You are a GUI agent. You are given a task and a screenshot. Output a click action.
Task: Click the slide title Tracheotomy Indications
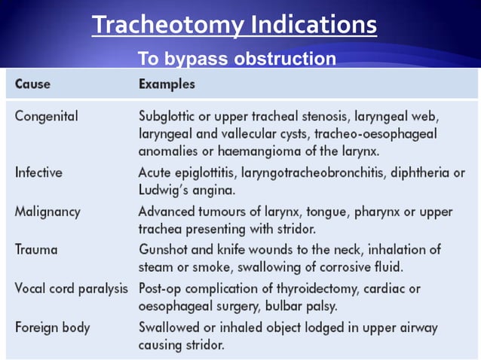pos(234,26)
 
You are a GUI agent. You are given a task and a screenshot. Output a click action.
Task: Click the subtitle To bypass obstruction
pos(236,59)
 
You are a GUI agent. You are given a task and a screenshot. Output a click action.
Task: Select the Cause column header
pos(32,84)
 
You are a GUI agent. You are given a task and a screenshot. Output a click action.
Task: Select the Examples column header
pos(167,84)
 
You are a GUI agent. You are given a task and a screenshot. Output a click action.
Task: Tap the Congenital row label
pos(46,117)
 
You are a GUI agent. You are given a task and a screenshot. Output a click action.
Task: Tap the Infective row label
pos(38,172)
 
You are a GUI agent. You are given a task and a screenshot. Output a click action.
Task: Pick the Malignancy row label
pos(47,211)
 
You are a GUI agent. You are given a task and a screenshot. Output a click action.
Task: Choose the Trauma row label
pos(35,249)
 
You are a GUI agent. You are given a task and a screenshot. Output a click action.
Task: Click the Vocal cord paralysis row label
pos(71,288)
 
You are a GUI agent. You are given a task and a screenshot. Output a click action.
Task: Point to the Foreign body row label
pos(52,328)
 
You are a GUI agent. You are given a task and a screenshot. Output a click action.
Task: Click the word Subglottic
pos(169,117)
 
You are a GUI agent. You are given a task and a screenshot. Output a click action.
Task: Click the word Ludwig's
pos(164,189)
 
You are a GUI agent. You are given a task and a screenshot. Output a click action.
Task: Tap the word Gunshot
pos(163,249)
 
